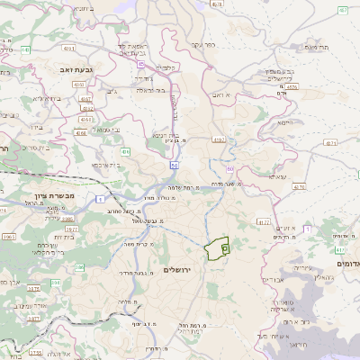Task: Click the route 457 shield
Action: [x=343, y=10]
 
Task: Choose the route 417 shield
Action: [x=263, y=221]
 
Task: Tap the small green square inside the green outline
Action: [x=225, y=244]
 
